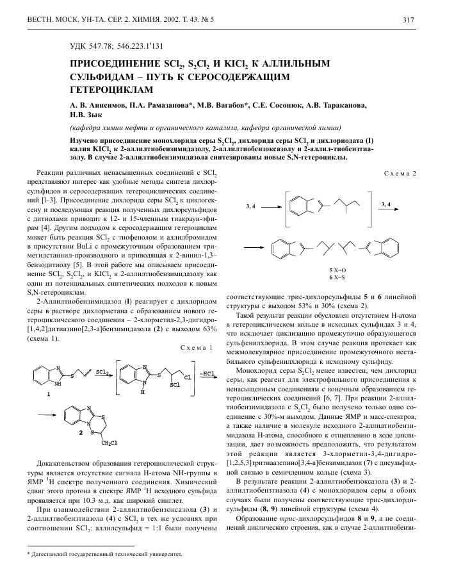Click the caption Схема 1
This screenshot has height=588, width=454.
coord(197,347)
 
